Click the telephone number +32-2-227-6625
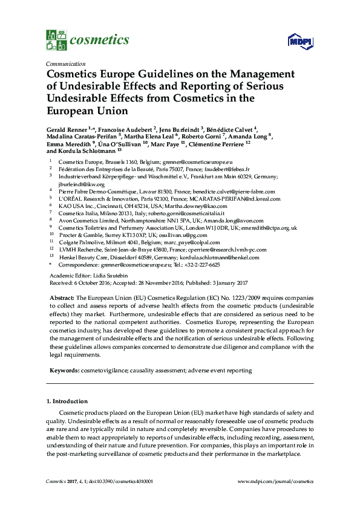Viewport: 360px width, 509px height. coord(199,265)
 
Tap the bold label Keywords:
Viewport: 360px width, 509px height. coord(64,369)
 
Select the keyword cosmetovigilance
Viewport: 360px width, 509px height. coord(104,369)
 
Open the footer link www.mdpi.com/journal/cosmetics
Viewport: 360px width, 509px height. coord(276,481)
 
